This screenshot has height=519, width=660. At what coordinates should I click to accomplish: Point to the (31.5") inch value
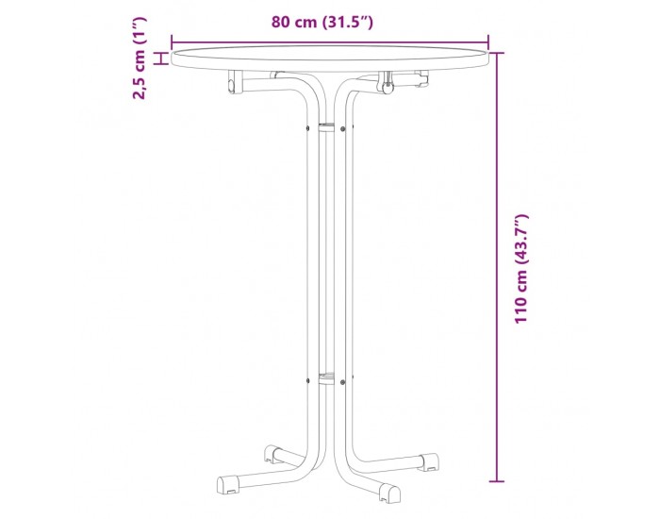[348, 22]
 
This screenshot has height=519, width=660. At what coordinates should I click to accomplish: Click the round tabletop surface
[330, 59]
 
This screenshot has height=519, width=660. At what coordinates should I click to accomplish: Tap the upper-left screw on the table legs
[307, 127]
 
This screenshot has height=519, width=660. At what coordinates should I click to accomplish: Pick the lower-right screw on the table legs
[342, 382]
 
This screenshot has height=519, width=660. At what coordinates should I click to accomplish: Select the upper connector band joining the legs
[326, 128]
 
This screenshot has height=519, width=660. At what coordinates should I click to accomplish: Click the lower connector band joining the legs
[326, 378]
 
